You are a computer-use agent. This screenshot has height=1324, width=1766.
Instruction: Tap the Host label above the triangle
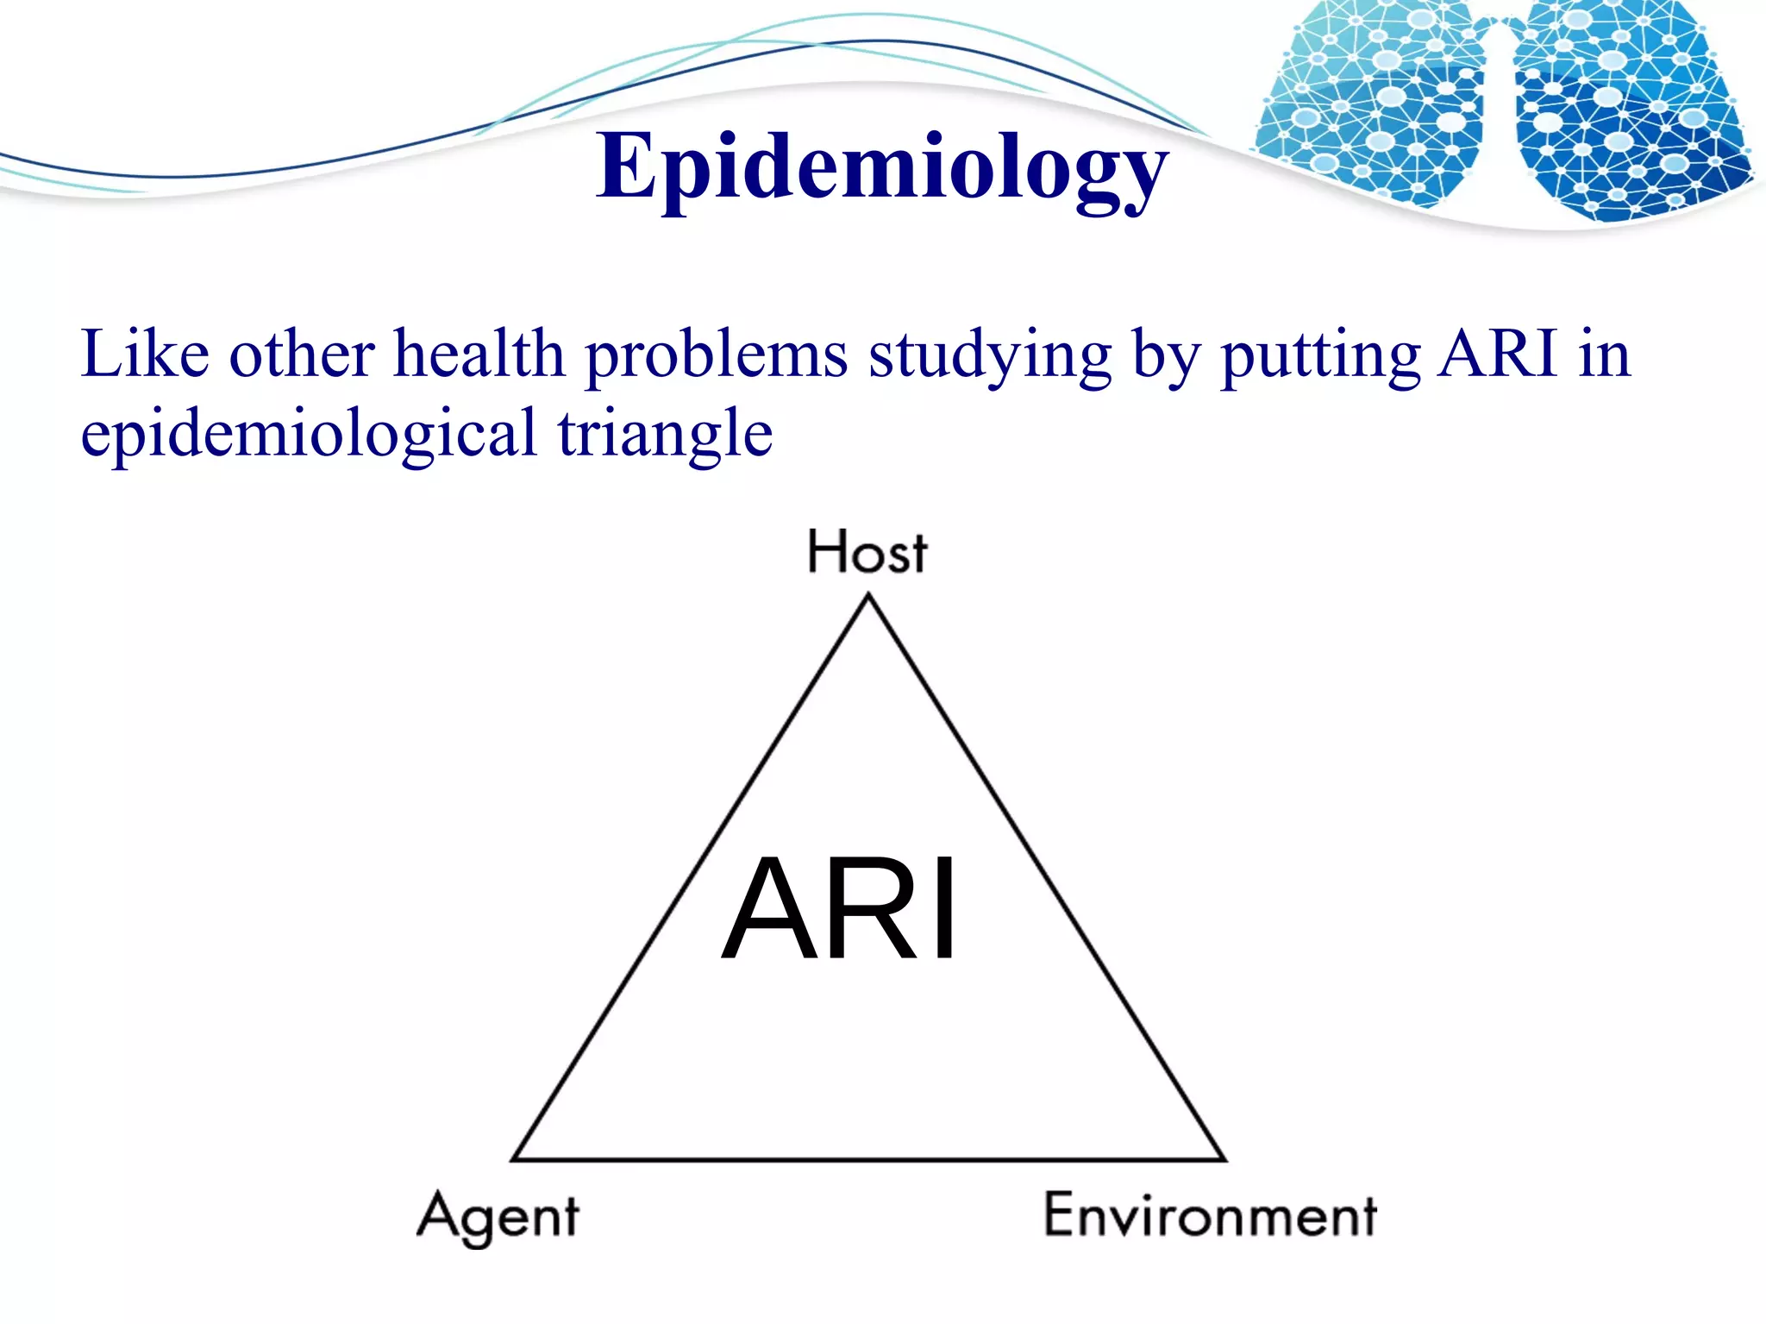867,552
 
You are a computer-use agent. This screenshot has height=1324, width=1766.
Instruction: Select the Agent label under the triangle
498,1216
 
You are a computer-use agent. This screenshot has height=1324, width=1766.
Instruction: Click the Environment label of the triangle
1210,1215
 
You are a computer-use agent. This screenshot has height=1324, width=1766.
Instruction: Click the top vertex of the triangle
868,596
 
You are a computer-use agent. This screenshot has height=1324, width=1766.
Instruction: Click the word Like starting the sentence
144,354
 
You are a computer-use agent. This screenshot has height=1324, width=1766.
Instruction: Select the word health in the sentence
479,354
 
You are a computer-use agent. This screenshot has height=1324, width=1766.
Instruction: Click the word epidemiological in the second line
309,434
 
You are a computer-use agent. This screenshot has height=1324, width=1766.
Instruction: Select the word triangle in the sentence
665,434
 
